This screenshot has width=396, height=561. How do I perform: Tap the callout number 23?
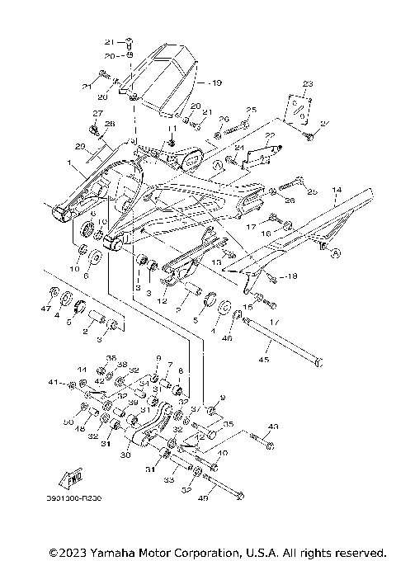pos(308,85)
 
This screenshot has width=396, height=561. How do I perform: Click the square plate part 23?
pos(302,107)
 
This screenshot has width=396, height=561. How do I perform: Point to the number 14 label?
pos(337,189)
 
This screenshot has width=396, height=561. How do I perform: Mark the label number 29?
pos(80,147)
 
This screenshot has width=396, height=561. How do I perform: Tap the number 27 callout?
pos(97,113)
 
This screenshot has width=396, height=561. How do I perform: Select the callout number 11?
pos(173,130)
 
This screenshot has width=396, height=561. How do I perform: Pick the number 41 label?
pos(52,384)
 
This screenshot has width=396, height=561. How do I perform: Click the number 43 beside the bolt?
pos(274,427)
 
